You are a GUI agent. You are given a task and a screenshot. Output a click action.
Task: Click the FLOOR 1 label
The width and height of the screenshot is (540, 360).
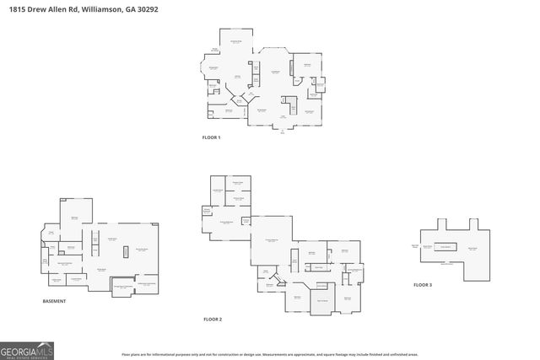click(211, 137)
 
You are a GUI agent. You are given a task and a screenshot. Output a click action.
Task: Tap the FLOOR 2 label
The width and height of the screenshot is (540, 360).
click(213, 320)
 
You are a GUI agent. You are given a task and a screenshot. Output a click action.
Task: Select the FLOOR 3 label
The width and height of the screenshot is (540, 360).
click(422, 285)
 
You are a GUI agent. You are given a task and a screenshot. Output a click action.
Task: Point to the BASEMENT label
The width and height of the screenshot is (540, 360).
click(54, 301)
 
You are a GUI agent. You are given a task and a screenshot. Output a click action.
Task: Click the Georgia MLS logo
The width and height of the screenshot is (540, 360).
click(27, 350)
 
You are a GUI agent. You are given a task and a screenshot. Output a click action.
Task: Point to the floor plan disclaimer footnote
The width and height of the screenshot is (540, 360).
click(270, 354)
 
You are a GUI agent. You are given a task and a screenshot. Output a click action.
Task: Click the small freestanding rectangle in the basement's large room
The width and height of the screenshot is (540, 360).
click(125, 250)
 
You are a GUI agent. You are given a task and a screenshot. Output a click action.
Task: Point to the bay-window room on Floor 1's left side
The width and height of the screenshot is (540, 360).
click(212, 69)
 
